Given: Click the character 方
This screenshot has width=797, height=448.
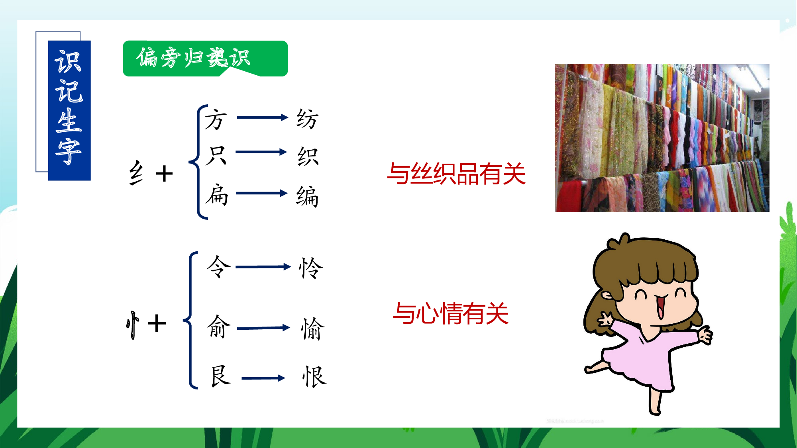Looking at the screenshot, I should pyautogui.click(x=216, y=120).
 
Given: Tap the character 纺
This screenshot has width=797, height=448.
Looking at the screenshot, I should pyautogui.click(x=307, y=119).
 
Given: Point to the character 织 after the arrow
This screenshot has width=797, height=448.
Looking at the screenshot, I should pyautogui.click(x=308, y=157).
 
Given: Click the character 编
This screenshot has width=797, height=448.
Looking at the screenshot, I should pyautogui.click(x=307, y=196).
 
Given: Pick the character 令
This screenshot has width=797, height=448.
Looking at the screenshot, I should pyautogui.click(x=218, y=266).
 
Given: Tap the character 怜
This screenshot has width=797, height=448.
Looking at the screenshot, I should pyautogui.click(x=311, y=268).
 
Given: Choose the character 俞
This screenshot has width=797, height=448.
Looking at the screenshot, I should pyautogui.click(x=219, y=327).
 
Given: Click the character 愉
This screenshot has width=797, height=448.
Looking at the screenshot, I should pyautogui.click(x=313, y=329).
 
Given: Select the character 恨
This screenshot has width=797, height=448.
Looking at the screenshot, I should pyautogui.click(x=314, y=377).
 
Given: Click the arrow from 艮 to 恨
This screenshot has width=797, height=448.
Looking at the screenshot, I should pyautogui.click(x=263, y=378).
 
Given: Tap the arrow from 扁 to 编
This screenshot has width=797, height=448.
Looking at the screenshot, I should pyautogui.click(x=262, y=194).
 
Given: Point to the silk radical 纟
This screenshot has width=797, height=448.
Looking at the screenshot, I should pyautogui.click(x=136, y=173).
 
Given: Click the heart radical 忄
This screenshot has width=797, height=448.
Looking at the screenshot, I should pyautogui.click(x=133, y=325).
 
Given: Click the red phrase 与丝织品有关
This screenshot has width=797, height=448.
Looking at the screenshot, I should pyautogui.click(x=456, y=174).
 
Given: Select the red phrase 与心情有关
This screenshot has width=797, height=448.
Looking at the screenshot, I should pyautogui.click(x=451, y=313).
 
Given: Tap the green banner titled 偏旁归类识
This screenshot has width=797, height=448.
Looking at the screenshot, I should pyautogui.click(x=205, y=59).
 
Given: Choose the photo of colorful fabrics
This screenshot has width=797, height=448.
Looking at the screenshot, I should pyautogui.click(x=662, y=138).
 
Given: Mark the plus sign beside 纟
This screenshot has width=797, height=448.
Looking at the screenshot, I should pyautogui.click(x=164, y=174).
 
